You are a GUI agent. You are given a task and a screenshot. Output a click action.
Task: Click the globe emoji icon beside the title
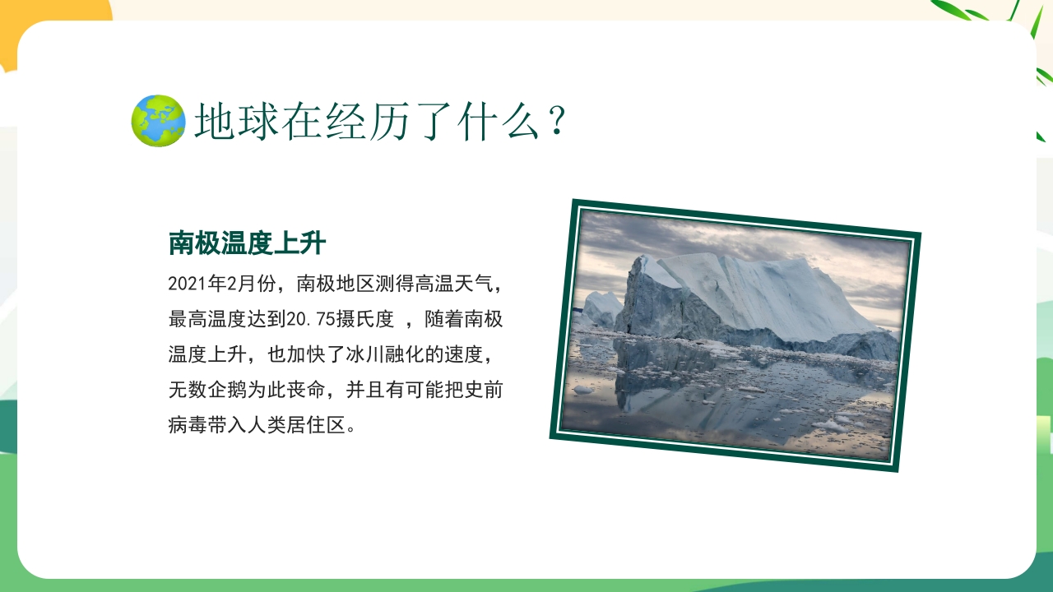point(158,121)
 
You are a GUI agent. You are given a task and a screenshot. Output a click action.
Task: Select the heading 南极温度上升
point(247,243)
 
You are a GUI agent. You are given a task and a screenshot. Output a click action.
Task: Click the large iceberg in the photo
point(740,300)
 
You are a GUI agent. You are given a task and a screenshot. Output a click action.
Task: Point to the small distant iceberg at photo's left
point(601,307)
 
